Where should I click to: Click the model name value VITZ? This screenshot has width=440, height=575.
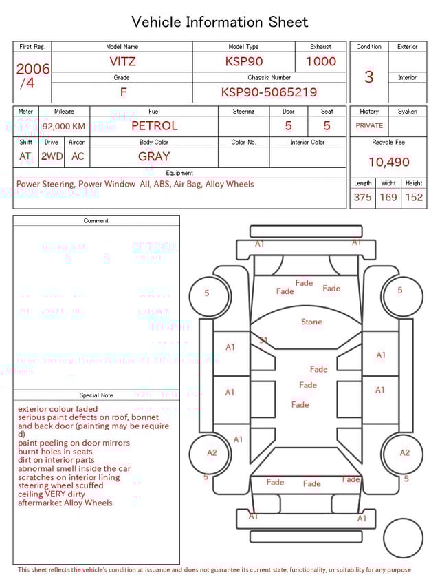(122, 61)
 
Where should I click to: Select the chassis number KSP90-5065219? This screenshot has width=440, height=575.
(269, 92)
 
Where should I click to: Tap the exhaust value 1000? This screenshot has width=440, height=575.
(321, 61)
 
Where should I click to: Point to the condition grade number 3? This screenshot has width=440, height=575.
(369, 76)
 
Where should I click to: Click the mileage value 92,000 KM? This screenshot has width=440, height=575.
(64, 127)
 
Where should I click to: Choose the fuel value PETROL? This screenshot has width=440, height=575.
(154, 125)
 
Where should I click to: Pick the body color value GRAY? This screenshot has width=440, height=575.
(154, 156)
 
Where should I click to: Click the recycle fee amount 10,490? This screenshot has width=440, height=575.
(388, 162)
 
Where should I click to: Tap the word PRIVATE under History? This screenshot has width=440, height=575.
(369, 126)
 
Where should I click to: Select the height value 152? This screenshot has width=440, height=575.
(414, 197)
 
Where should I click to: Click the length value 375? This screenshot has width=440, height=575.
(362, 197)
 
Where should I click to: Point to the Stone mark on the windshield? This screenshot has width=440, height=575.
(311, 322)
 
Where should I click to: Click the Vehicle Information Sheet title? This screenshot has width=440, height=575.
(220, 22)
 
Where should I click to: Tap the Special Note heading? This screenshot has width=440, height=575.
(96, 395)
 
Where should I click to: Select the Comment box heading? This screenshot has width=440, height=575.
(96, 221)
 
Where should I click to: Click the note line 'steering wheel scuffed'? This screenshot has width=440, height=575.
(60, 485)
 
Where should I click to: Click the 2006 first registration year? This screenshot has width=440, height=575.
(33, 69)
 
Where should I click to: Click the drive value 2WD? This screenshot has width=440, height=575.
(52, 156)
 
